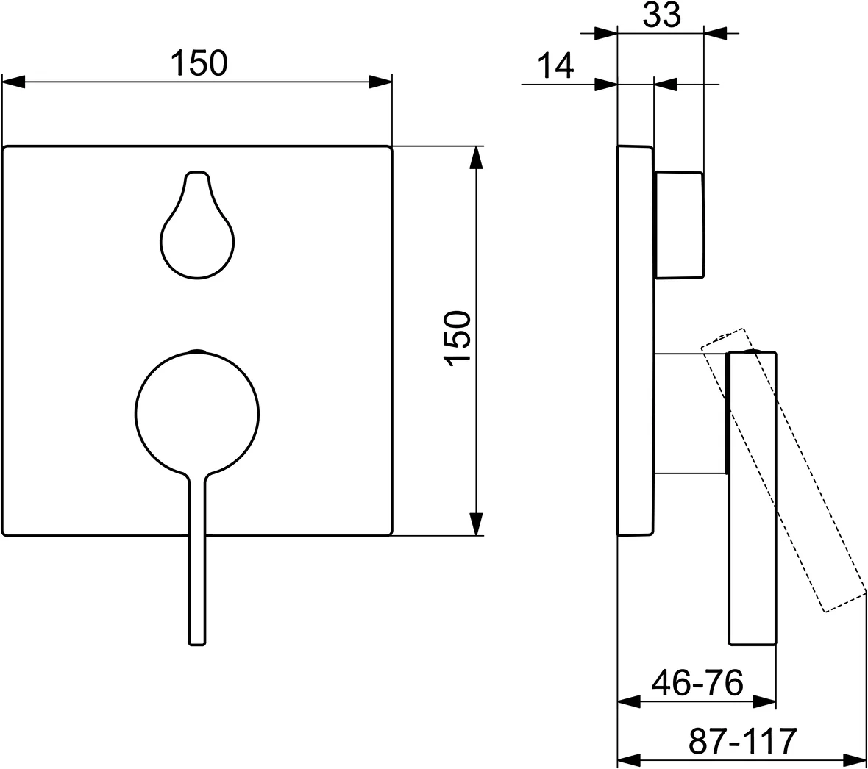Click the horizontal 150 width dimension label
[199, 63]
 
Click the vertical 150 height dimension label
[458, 337]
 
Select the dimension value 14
[554, 67]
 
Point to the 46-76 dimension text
[697, 683]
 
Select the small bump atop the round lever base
[197, 351]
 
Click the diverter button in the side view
[679, 225]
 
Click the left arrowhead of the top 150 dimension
[13, 82]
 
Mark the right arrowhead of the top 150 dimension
[380, 82]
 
